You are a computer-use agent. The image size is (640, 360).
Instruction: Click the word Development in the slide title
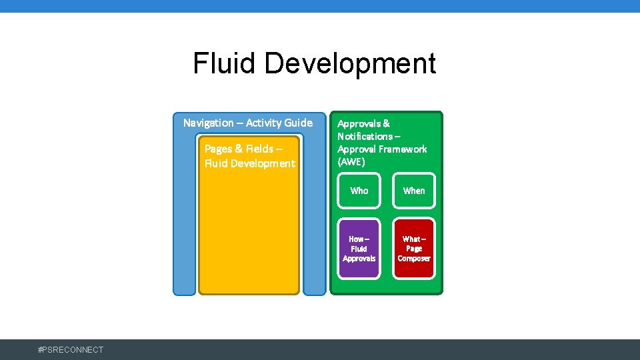pos(350,64)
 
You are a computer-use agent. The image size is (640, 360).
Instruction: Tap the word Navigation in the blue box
pos(209,123)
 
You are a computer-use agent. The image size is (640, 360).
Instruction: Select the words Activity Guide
pos(279,123)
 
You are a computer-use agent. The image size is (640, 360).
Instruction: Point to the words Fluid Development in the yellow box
pos(249,163)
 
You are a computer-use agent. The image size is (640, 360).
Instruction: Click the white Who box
pos(359,191)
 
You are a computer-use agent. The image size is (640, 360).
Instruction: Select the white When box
pos(413,191)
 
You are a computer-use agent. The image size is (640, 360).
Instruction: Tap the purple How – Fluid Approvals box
pos(359,249)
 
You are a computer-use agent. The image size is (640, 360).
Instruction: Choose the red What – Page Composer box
pos(413,249)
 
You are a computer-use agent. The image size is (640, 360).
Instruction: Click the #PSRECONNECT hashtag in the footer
pos(71,350)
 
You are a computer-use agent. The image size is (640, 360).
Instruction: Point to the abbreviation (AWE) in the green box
pos(351,162)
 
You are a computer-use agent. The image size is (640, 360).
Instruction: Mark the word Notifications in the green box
pos(365,136)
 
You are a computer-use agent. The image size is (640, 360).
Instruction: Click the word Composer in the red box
pos(414,259)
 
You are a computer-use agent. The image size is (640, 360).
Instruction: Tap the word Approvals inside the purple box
pos(359,259)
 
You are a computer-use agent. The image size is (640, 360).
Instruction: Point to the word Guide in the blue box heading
pos(298,123)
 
